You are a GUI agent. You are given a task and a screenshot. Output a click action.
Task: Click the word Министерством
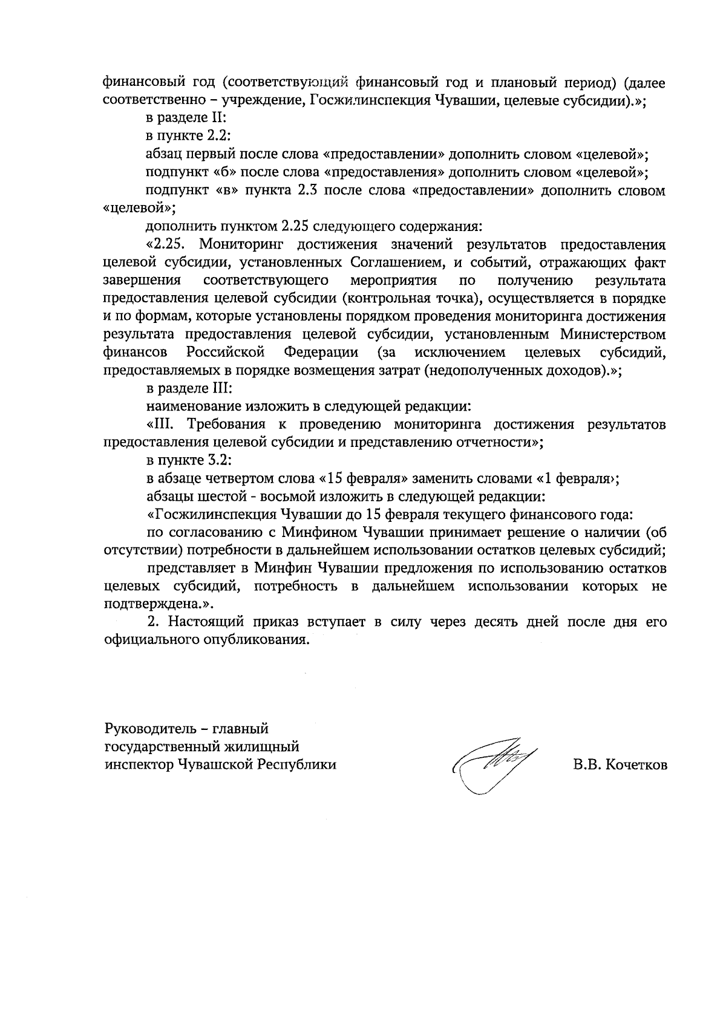[613, 334]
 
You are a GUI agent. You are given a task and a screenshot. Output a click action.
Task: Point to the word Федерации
[320, 353]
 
